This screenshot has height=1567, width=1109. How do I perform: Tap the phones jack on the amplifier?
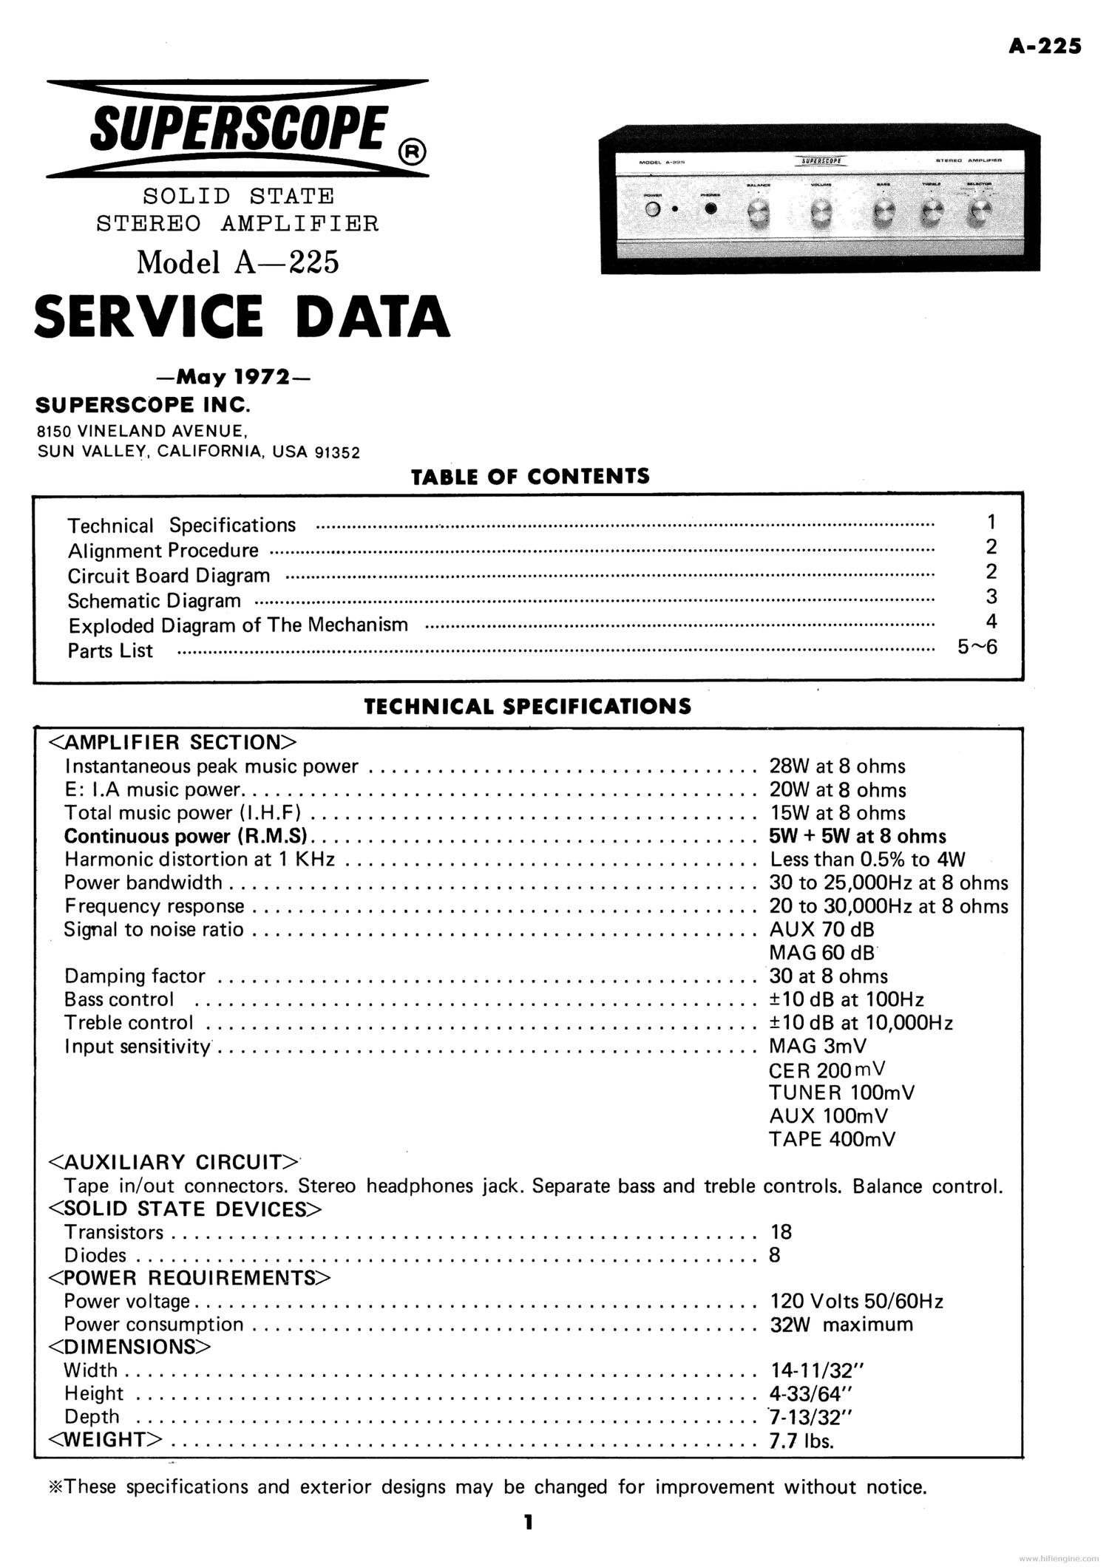tap(711, 209)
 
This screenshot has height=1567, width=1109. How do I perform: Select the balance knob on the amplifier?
tap(759, 214)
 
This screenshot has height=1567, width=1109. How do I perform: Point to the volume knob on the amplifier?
tap(820, 214)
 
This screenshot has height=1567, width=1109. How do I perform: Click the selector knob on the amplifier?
tap(980, 213)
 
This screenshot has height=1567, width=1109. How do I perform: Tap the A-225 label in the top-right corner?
tap(1045, 46)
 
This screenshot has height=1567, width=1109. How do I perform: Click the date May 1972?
tap(234, 377)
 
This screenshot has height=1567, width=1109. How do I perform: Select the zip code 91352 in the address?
tap(337, 453)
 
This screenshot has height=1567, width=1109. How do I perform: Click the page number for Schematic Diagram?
tap(991, 596)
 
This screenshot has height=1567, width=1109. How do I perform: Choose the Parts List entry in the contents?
tap(110, 651)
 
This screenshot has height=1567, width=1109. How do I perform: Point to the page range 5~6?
tap(977, 647)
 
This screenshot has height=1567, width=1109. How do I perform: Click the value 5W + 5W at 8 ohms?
tap(858, 836)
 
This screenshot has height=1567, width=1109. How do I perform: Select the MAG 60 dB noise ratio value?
tap(822, 953)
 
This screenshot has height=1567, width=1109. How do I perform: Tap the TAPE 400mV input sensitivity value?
tap(832, 1139)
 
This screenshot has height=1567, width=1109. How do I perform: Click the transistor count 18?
tap(781, 1232)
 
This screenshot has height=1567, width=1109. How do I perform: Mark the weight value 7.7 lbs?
tap(801, 1441)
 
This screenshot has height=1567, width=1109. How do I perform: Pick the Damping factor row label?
tap(135, 976)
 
